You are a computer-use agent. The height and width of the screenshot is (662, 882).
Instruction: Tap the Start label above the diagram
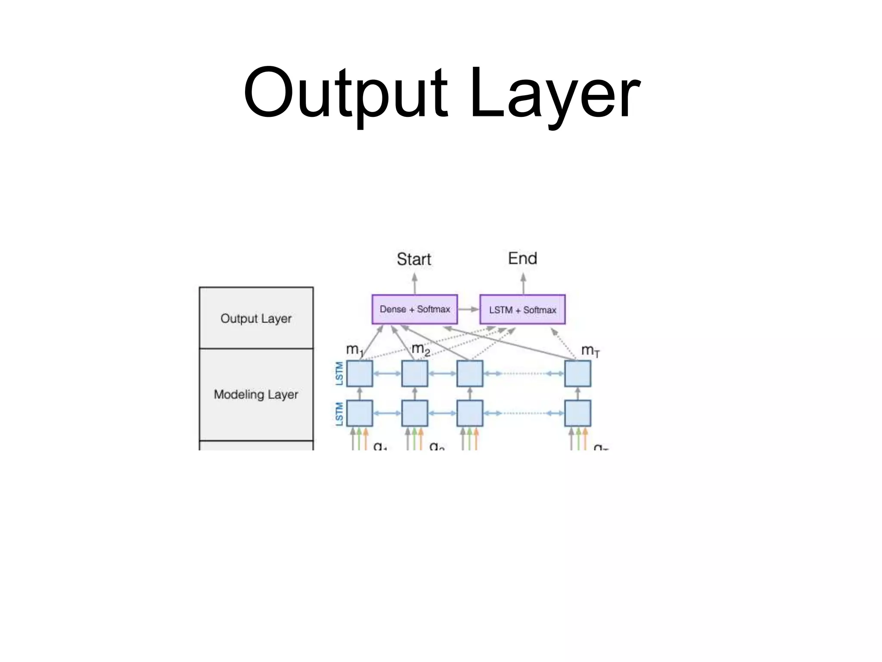click(414, 259)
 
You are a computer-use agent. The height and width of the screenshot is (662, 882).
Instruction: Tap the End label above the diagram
click(522, 259)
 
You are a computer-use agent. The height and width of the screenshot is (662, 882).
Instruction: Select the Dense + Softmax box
click(414, 309)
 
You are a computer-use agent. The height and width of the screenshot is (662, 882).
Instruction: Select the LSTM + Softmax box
click(522, 310)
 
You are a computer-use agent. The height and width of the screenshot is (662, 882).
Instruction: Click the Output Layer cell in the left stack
click(256, 319)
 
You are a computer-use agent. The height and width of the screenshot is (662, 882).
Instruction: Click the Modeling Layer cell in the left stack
click(256, 394)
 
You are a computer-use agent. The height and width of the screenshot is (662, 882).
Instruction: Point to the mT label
click(590, 350)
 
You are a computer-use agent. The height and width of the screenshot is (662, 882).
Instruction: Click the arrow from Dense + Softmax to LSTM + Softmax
click(469, 309)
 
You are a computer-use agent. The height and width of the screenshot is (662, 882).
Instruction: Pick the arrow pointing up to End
click(523, 283)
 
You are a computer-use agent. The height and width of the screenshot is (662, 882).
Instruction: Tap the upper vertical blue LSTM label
click(339, 373)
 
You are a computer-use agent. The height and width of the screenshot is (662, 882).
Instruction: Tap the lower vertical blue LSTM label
click(339, 414)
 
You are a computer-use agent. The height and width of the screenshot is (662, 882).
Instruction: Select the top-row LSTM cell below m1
click(360, 374)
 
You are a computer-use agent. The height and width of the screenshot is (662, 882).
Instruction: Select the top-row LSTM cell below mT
click(578, 374)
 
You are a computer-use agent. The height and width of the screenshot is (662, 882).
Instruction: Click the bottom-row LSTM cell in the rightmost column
click(578, 413)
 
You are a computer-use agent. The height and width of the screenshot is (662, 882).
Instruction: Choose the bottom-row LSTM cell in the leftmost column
click(360, 413)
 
